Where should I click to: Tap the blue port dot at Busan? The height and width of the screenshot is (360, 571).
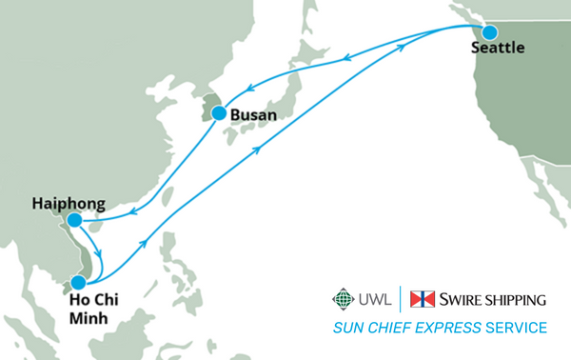pos(219,113)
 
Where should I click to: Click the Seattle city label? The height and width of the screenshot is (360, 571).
pos(498,50)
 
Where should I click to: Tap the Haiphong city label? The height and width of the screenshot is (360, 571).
pos(68,202)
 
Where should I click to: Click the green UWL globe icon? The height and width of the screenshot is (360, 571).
pos(342,299)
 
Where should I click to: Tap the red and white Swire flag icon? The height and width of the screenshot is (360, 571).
pos(422,299)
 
